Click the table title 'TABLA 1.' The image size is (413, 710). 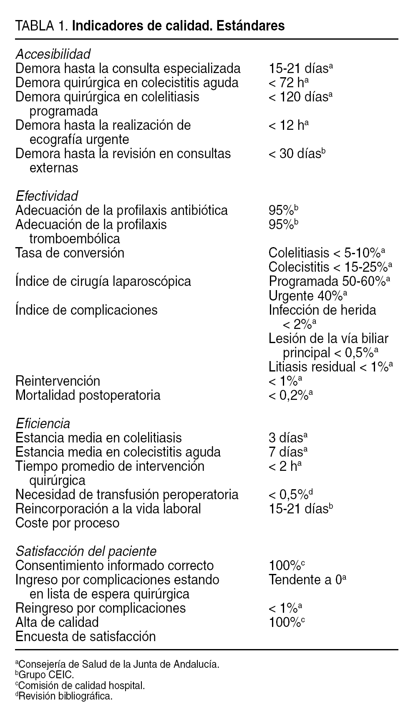[41, 26]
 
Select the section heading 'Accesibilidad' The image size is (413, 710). [53, 54]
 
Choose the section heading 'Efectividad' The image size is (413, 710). [47, 196]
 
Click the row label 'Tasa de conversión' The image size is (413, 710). [70, 253]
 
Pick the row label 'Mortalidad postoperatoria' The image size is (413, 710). [88, 395]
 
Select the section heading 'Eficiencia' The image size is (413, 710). [43, 424]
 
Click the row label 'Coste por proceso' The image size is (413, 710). [67, 523]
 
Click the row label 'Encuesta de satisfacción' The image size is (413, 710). [86, 637]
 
